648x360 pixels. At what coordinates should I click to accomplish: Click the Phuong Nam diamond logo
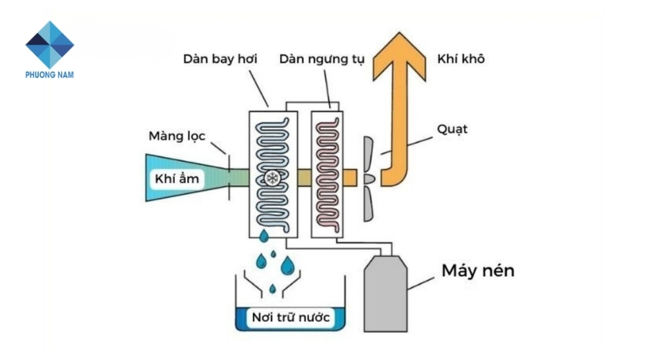point(50,45)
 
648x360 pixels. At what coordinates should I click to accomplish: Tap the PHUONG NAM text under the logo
point(50,74)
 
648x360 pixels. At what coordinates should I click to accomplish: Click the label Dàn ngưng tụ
point(322,58)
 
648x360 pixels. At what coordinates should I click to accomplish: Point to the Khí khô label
point(461,59)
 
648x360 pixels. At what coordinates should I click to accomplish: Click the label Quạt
point(451,130)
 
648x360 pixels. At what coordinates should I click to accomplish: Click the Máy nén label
point(478,271)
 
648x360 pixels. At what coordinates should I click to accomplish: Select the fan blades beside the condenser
point(368,176)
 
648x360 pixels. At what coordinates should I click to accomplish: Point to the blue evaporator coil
point(267,144)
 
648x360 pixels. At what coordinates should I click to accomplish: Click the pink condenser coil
point(328,144)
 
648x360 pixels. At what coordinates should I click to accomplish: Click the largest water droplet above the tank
point(287,266)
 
